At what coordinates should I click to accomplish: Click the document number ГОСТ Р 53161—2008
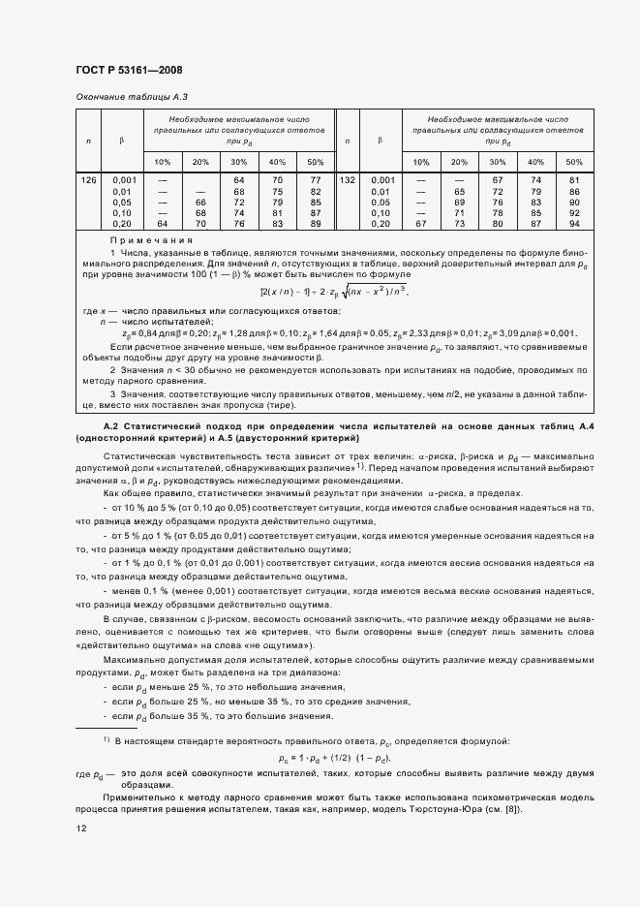point(128,70)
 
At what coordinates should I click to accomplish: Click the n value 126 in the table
point(89,180)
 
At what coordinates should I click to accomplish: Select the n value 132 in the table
point(349,180)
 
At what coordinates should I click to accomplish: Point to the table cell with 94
point(574,224)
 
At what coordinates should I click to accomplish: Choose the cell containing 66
point(200,203)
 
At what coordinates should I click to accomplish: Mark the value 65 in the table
point(460,192)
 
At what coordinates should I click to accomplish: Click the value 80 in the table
point(498,224)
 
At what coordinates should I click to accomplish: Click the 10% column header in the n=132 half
point(421,162)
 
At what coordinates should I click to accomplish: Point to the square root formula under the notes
point(333,291)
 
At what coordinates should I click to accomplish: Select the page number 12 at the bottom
point(81,829)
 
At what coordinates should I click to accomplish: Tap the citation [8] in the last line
point(511,809)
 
